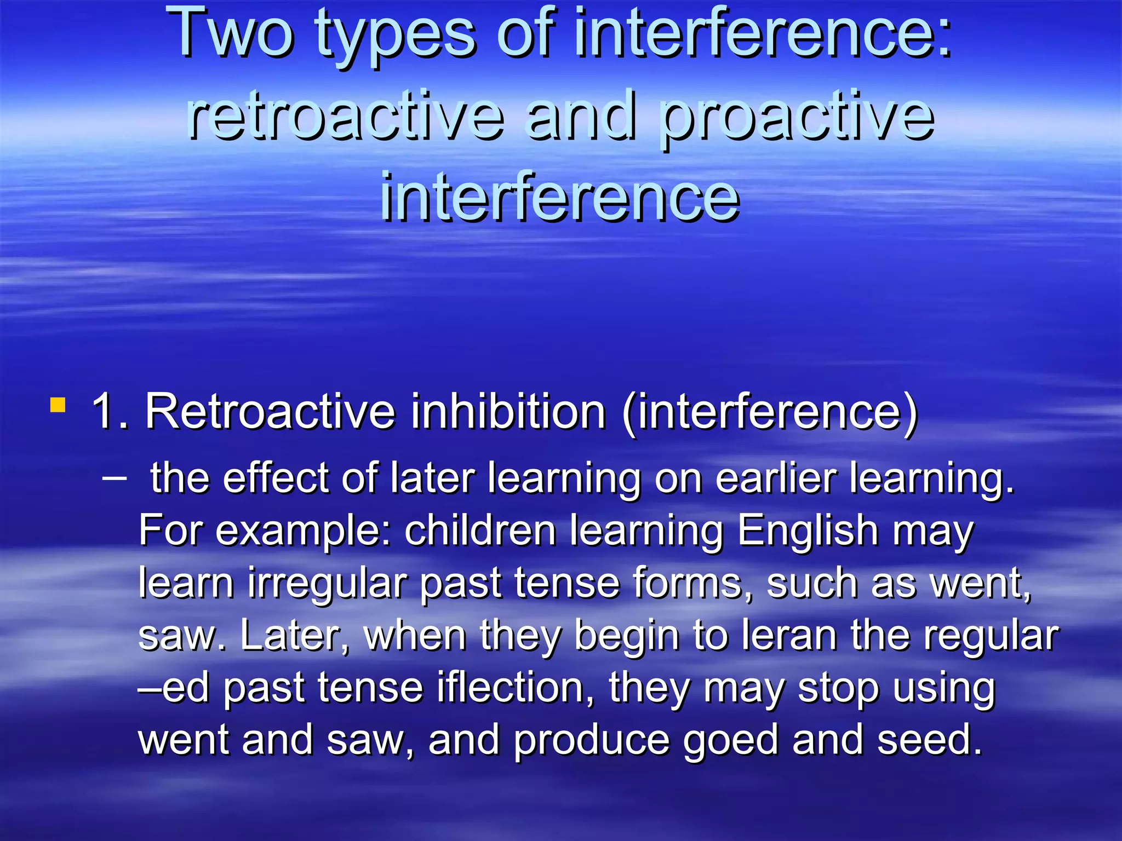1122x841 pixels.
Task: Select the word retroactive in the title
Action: [x=345, y=115]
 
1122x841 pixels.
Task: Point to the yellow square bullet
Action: [x=58, y=406]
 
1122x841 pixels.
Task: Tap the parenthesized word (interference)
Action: [x=770, y=412]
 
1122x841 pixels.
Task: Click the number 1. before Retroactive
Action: [x=110, y=411]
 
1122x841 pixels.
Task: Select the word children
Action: [x=480, y=531]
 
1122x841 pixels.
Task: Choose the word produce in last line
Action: [x=592, y=740]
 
